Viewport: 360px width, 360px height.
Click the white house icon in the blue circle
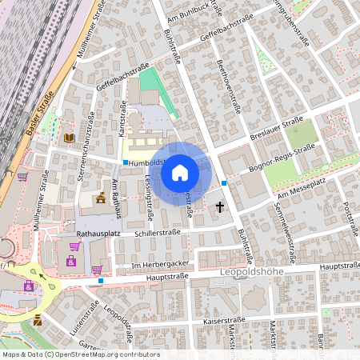(x=180, y=172)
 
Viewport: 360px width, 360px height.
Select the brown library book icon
(x=69, y=138)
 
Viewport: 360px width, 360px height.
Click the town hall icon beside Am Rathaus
(x=101, y=198)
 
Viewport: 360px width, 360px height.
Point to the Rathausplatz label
(x=98, y=234)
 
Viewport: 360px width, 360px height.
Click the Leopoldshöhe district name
(x=251, y=273)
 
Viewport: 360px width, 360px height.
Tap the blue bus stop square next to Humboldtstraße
(x=125, y=162)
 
